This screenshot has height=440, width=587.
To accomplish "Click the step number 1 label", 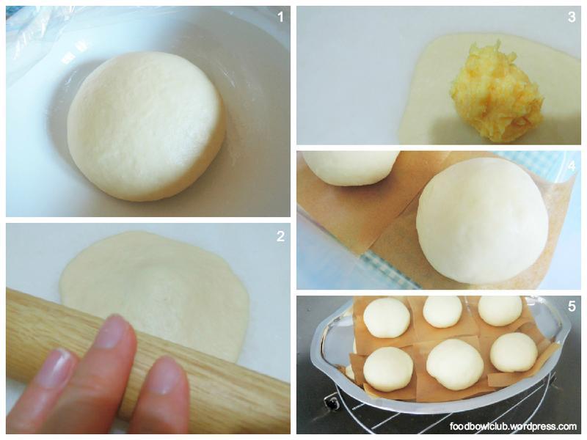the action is tap(281, 17).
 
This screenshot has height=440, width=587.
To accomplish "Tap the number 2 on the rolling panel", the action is tap(281, 236).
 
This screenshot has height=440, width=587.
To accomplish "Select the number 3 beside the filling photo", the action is tap(572, 17).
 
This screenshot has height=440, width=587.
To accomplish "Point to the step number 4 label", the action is tap(572, 166).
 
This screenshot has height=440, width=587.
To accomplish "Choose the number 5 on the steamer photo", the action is tap(572, 306).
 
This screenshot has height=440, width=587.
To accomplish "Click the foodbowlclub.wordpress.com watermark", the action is tap(513, 426).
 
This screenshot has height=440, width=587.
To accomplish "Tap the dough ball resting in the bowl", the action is tap(146, 126).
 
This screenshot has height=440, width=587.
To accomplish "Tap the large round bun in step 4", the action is tap(483, 221).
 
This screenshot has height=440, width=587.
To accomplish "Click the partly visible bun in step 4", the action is tap(350, 168).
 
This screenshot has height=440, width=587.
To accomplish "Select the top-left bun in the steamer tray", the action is tap(387, 318).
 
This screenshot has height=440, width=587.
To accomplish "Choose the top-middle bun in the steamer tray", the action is tap(442, 312).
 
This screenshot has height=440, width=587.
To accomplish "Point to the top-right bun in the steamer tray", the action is tap(500, 310).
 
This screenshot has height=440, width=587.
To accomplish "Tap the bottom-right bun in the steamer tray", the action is tap(514, 352).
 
